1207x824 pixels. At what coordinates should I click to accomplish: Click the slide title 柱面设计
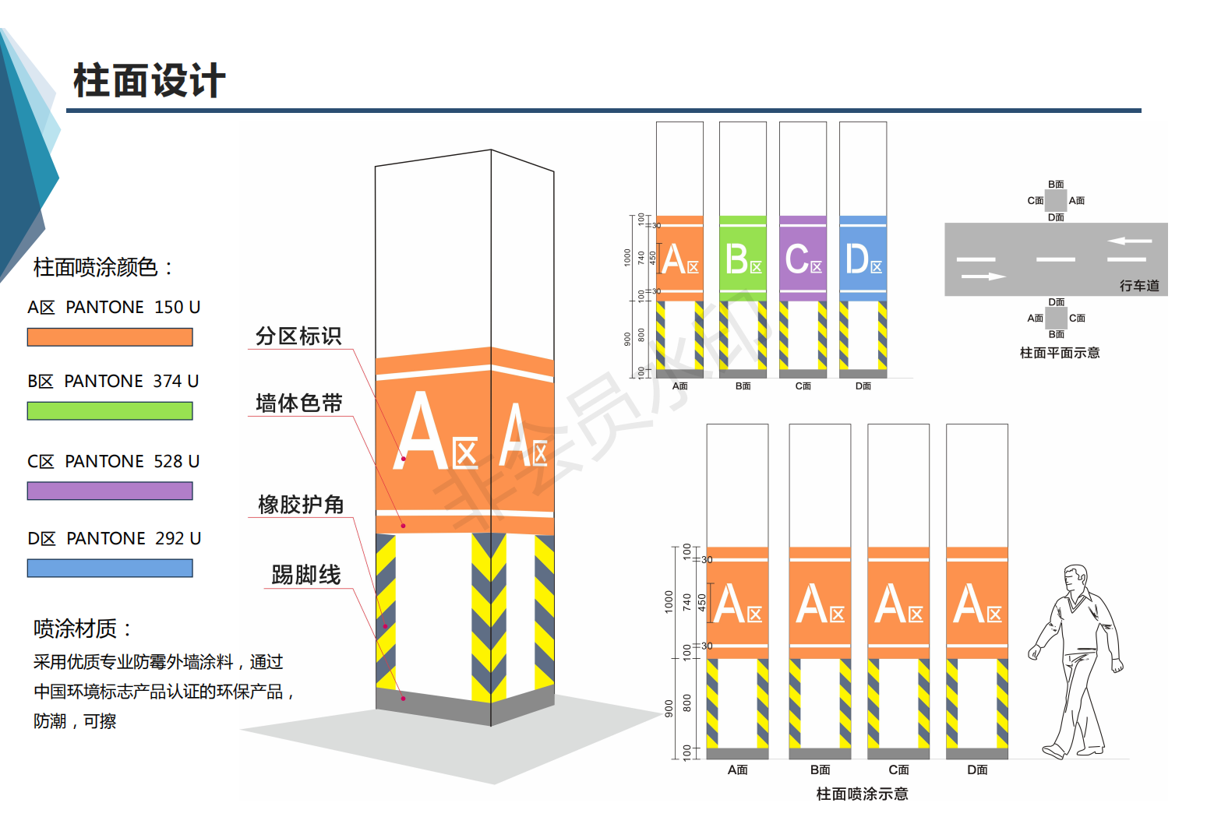(149, 81)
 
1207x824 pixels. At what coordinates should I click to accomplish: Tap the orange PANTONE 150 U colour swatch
(110, 337)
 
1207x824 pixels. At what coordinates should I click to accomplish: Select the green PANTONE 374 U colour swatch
(110, 411)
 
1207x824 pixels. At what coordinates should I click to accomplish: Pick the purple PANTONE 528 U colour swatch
(110, 491)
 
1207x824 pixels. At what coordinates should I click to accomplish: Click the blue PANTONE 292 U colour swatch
(110, 569)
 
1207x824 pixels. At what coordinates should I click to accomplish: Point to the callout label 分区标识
(298, 336)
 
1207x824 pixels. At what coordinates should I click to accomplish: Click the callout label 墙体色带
(299, 403)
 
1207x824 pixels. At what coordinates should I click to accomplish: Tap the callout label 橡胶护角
(301, 505)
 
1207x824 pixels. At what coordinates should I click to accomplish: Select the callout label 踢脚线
(306, 575)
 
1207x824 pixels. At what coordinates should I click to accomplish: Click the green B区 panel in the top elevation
(743, 259)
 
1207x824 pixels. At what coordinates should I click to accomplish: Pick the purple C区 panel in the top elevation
(803, 259)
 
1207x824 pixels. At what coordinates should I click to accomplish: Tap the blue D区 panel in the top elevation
(863, 259)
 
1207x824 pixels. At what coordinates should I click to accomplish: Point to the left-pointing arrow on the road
(1129, 241)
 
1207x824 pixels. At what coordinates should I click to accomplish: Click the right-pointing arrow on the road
(984, 276)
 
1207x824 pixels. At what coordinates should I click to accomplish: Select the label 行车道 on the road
(1139, 286)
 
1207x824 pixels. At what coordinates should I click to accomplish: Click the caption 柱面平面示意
(1060, 353)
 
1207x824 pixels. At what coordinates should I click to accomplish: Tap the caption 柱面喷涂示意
(862, 794)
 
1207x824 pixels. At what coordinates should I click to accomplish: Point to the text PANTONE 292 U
(133, 538)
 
